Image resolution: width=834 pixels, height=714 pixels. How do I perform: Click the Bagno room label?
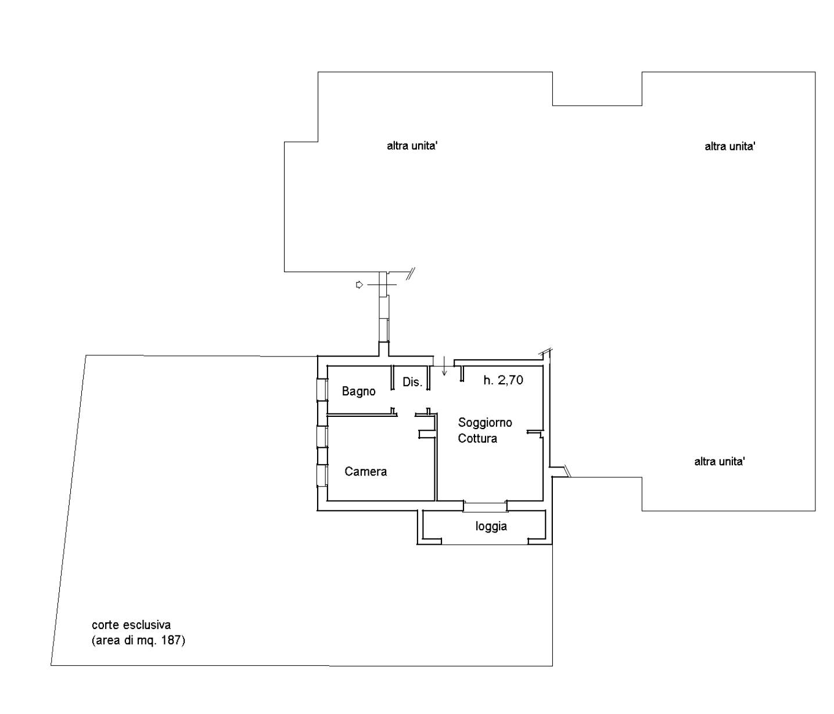click(x=358, y=391)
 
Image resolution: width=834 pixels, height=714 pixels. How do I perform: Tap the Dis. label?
click(x=412, y=381)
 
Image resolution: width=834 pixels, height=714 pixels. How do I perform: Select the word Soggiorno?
click(x=485, y=423)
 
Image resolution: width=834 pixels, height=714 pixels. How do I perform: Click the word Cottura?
click(x=477, y=438)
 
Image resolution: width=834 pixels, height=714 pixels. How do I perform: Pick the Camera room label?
click(x=365, y=472)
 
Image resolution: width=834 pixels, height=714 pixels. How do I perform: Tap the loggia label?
click(x=491, y=526)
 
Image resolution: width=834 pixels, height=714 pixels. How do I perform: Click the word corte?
click(x=106, y=624)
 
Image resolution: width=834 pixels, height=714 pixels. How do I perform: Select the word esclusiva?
click(x=147, y=624)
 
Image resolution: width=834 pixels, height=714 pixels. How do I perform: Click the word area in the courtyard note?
click(x=107, y=641)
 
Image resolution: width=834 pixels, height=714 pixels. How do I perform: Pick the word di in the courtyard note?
click(x=128, y=640)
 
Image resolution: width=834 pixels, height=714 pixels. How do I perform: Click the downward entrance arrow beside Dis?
click(x=444, y=366)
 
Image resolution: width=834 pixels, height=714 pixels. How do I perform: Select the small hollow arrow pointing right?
click(x=360, y=285)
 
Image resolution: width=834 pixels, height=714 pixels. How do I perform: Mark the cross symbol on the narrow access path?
click(x=382, y=285)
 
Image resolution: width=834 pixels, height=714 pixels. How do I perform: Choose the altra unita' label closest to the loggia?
click(x=720, y=461)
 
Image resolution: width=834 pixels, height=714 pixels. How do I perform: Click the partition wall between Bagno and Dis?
click(x=392, y=377)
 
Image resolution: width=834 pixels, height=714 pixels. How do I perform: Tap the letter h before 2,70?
click(x=488, y=380)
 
